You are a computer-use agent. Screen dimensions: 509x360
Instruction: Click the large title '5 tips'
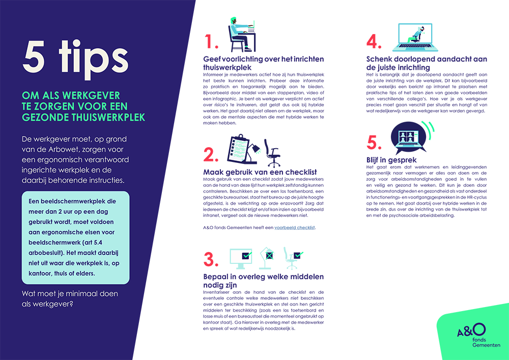pyautogui.click(x=76, y=58)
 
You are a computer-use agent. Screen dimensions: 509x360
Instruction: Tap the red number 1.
pyautogui.click(x=211, y=42)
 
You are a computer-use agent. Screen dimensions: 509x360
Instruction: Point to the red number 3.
pyautogui.click(x=211, y=259)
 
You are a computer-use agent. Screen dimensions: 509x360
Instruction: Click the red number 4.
pyautogui.click(x=374, y=42)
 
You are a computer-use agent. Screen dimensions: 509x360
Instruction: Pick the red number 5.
pyautogui.click(x=374, y=143)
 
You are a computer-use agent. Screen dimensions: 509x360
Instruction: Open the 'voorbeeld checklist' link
pyautogui.click(x=294, y=228)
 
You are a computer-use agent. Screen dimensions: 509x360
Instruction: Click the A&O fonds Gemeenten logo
pyautogui.click(x=478, y=335)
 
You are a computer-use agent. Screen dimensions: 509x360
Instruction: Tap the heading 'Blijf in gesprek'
pyautogui.click(x=391, y=160)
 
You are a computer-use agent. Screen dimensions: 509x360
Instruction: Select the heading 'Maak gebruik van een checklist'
pyautogui.click(x=260, y=172)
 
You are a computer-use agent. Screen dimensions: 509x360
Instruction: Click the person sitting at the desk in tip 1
pyautogui.click(x=241, y=35)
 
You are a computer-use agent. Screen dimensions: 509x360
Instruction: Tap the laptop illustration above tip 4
pyautogui.click(x=415, y=37)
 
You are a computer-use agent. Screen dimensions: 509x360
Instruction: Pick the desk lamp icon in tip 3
pyautogui.click(x=267, y=258)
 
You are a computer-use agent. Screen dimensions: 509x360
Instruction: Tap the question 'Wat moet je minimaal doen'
pyautogui.click(x=70, y=294)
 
